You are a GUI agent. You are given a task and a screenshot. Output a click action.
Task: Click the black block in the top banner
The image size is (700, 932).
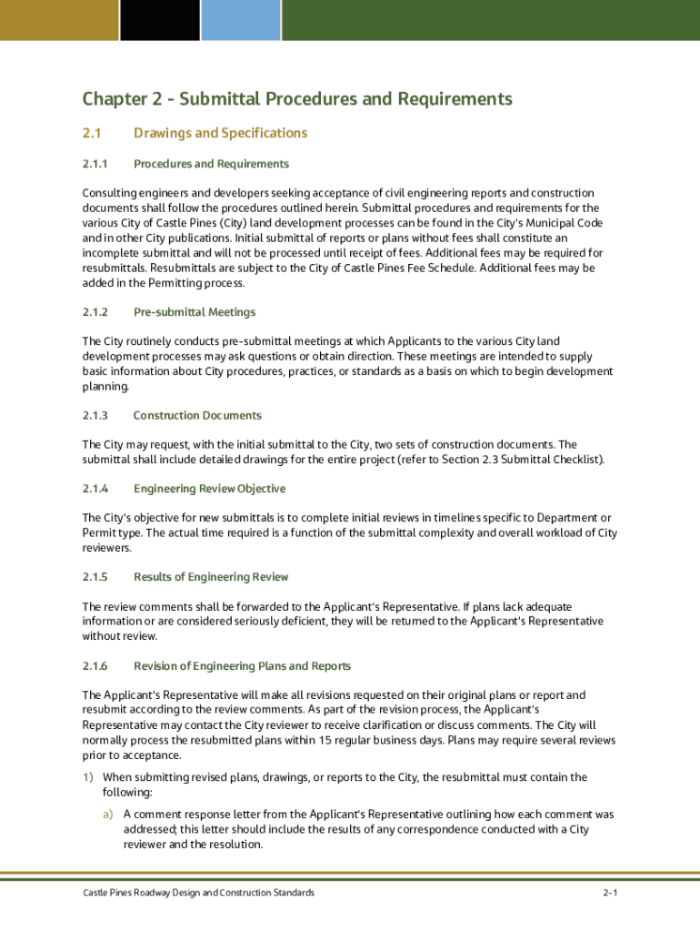(159, 19)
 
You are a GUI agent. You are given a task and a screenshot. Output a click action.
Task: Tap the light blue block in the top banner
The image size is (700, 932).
(241, 19)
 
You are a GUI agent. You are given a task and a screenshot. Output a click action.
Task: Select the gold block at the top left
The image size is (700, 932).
(59, 19)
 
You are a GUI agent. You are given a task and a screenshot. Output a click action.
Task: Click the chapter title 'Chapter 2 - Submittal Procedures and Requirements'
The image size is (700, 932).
(297, 98)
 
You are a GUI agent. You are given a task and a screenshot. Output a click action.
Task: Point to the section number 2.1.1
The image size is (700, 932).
(95, 164)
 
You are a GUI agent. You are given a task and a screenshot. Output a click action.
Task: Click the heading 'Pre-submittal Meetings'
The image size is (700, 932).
(195, 312)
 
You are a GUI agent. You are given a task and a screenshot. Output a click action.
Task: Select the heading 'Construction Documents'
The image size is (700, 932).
(197, 415)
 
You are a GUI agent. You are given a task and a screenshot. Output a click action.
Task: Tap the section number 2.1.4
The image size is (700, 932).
(95, 489)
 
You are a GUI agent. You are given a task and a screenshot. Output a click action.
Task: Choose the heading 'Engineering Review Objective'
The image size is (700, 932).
(209, 489)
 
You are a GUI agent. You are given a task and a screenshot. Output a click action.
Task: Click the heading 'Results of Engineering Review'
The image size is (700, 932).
(211, 577)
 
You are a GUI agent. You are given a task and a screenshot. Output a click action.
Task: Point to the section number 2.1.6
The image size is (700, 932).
(95, 666)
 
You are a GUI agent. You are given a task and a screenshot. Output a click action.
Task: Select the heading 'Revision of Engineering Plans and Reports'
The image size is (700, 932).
(242, 666)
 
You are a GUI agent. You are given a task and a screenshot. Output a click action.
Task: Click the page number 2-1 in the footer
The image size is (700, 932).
(609, 893)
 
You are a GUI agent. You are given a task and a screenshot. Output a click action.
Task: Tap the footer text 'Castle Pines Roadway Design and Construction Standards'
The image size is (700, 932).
(198, 893)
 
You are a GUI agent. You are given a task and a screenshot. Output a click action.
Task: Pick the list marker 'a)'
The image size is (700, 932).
(108, 815)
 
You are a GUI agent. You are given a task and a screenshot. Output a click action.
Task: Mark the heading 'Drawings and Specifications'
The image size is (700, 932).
(220, 133)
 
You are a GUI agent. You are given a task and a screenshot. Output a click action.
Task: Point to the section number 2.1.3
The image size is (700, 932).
(95, 415)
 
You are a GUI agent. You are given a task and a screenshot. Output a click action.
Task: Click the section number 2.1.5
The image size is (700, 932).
(95, 577)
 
